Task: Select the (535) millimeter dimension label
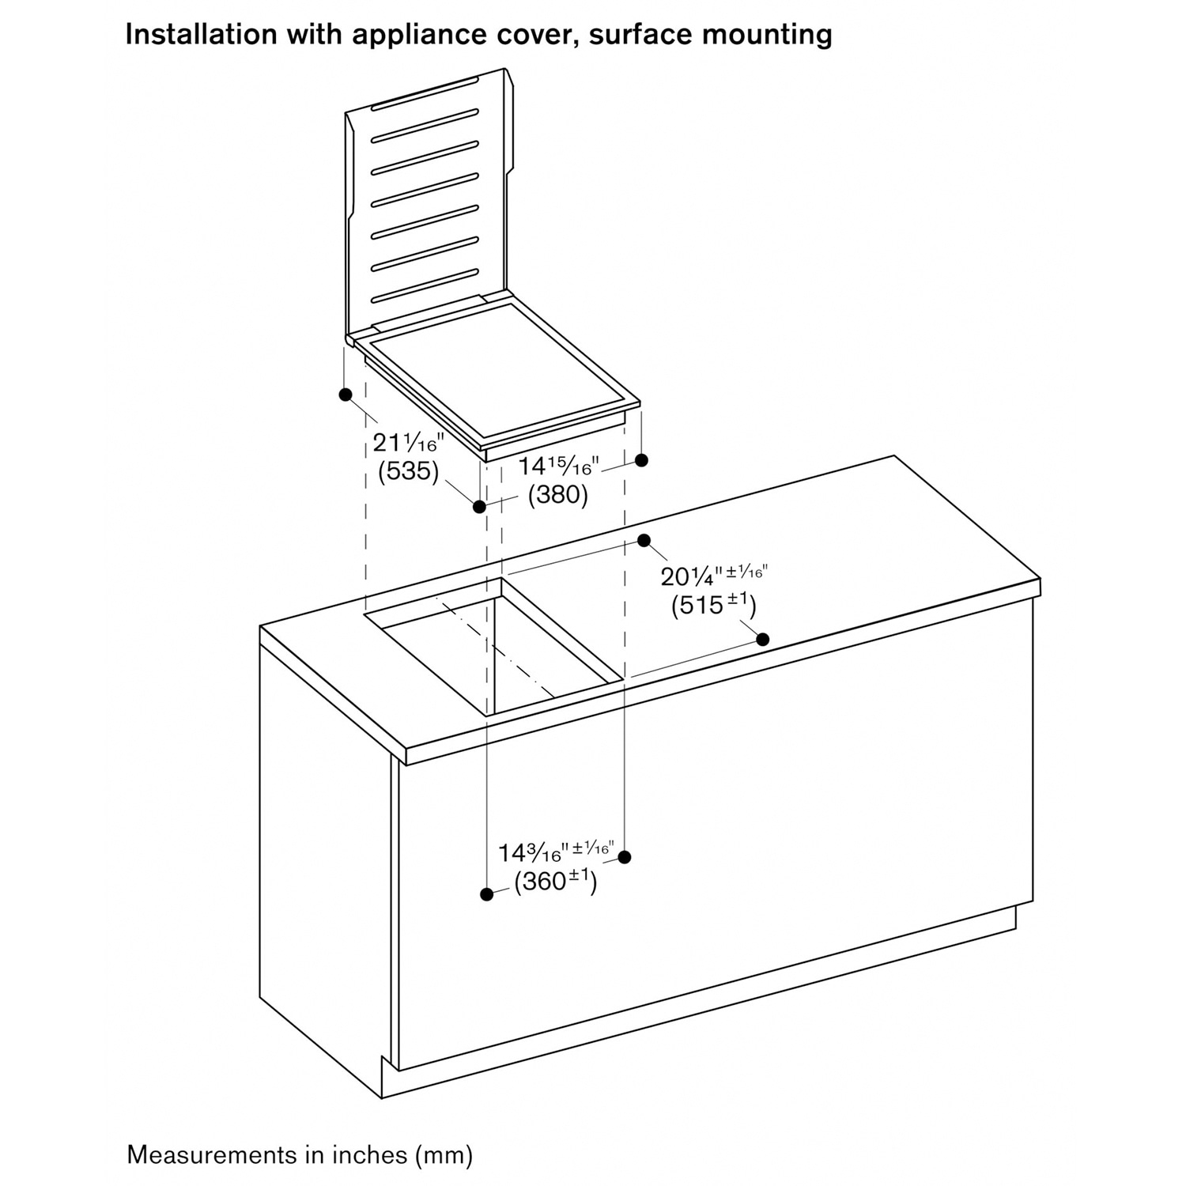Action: click(x=408, y=471)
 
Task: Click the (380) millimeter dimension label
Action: click(x=558, y=495)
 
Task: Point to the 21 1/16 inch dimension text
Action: click(x=409, y=441)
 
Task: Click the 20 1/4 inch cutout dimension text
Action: click(x=714, y=575)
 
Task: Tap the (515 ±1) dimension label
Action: click(x=714, y=605)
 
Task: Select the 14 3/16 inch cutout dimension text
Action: click(x=555, y=852)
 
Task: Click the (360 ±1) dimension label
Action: click(x=555, y=880)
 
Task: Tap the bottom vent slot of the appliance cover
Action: click(x=425, y=285)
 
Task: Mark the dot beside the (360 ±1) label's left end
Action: click(x=487, y=894)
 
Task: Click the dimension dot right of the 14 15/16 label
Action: click(x=642, y=459)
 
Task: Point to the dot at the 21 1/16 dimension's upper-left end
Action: click(x=345, y=394)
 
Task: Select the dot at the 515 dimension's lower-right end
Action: click(x=763, y=639)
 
